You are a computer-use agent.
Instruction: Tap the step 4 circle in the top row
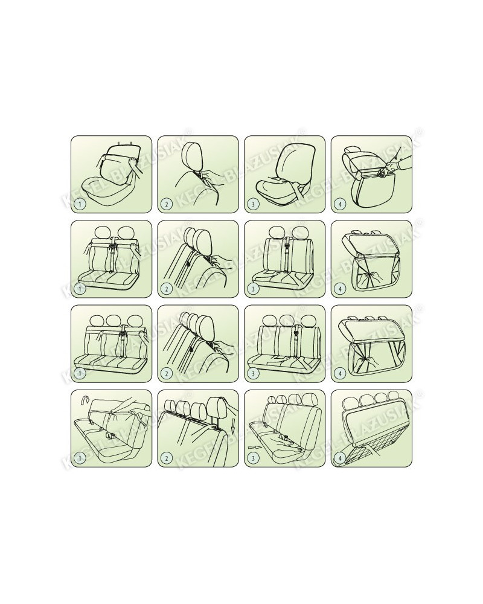340,204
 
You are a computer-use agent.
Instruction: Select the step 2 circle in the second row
167,289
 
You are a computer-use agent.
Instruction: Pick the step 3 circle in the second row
253,289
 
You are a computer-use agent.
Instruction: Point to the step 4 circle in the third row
340,373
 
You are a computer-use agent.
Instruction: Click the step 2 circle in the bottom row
167,458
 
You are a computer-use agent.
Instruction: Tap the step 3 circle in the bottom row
253,458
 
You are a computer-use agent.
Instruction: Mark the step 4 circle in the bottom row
340,458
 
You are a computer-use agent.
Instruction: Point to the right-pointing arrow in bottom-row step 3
254,448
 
